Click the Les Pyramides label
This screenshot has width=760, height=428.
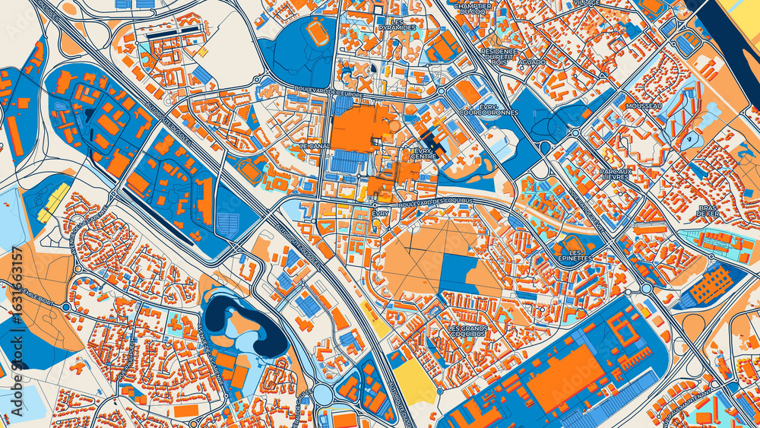click(397, 24)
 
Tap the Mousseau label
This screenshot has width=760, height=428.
click(644, 106)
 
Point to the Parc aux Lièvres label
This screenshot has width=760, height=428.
click(616, 176)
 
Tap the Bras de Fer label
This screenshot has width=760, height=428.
click(708, 211)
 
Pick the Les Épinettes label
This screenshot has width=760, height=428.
click(576, 255)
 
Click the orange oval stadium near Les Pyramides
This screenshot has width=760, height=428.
click(315, 31)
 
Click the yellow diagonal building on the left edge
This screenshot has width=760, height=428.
click(53, 202)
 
